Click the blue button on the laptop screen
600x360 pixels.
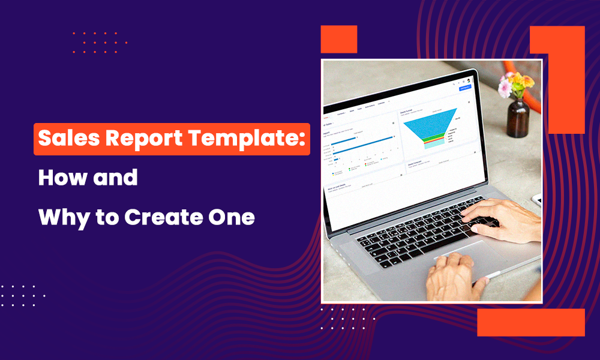click(x=464, y=88)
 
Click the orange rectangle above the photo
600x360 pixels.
click(x=339, y=39)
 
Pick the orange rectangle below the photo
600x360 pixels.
click(x=530, y=322)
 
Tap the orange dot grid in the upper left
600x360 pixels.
click(x=100, y=43)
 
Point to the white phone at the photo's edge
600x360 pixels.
click(x=536, y=201)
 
